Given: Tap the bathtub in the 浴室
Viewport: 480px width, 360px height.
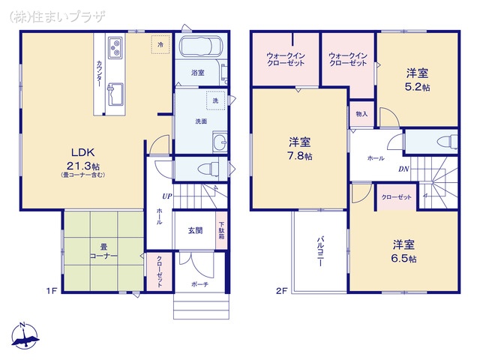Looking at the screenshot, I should [199, 49].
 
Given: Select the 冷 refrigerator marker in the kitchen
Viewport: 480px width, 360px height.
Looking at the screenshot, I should [160, 45].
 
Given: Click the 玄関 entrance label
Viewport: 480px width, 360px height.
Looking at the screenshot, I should [195, 230].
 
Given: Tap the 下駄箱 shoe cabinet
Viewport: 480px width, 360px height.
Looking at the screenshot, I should [221, 229].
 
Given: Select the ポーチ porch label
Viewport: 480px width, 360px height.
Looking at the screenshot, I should [199, 284].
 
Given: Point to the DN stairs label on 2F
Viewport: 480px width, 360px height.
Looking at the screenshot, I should [403, 169].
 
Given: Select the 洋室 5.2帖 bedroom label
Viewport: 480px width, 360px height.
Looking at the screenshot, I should [418, 79].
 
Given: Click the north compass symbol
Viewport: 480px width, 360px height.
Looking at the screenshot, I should [25, 337].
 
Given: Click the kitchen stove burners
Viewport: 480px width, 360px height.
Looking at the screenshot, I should [115, 49].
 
